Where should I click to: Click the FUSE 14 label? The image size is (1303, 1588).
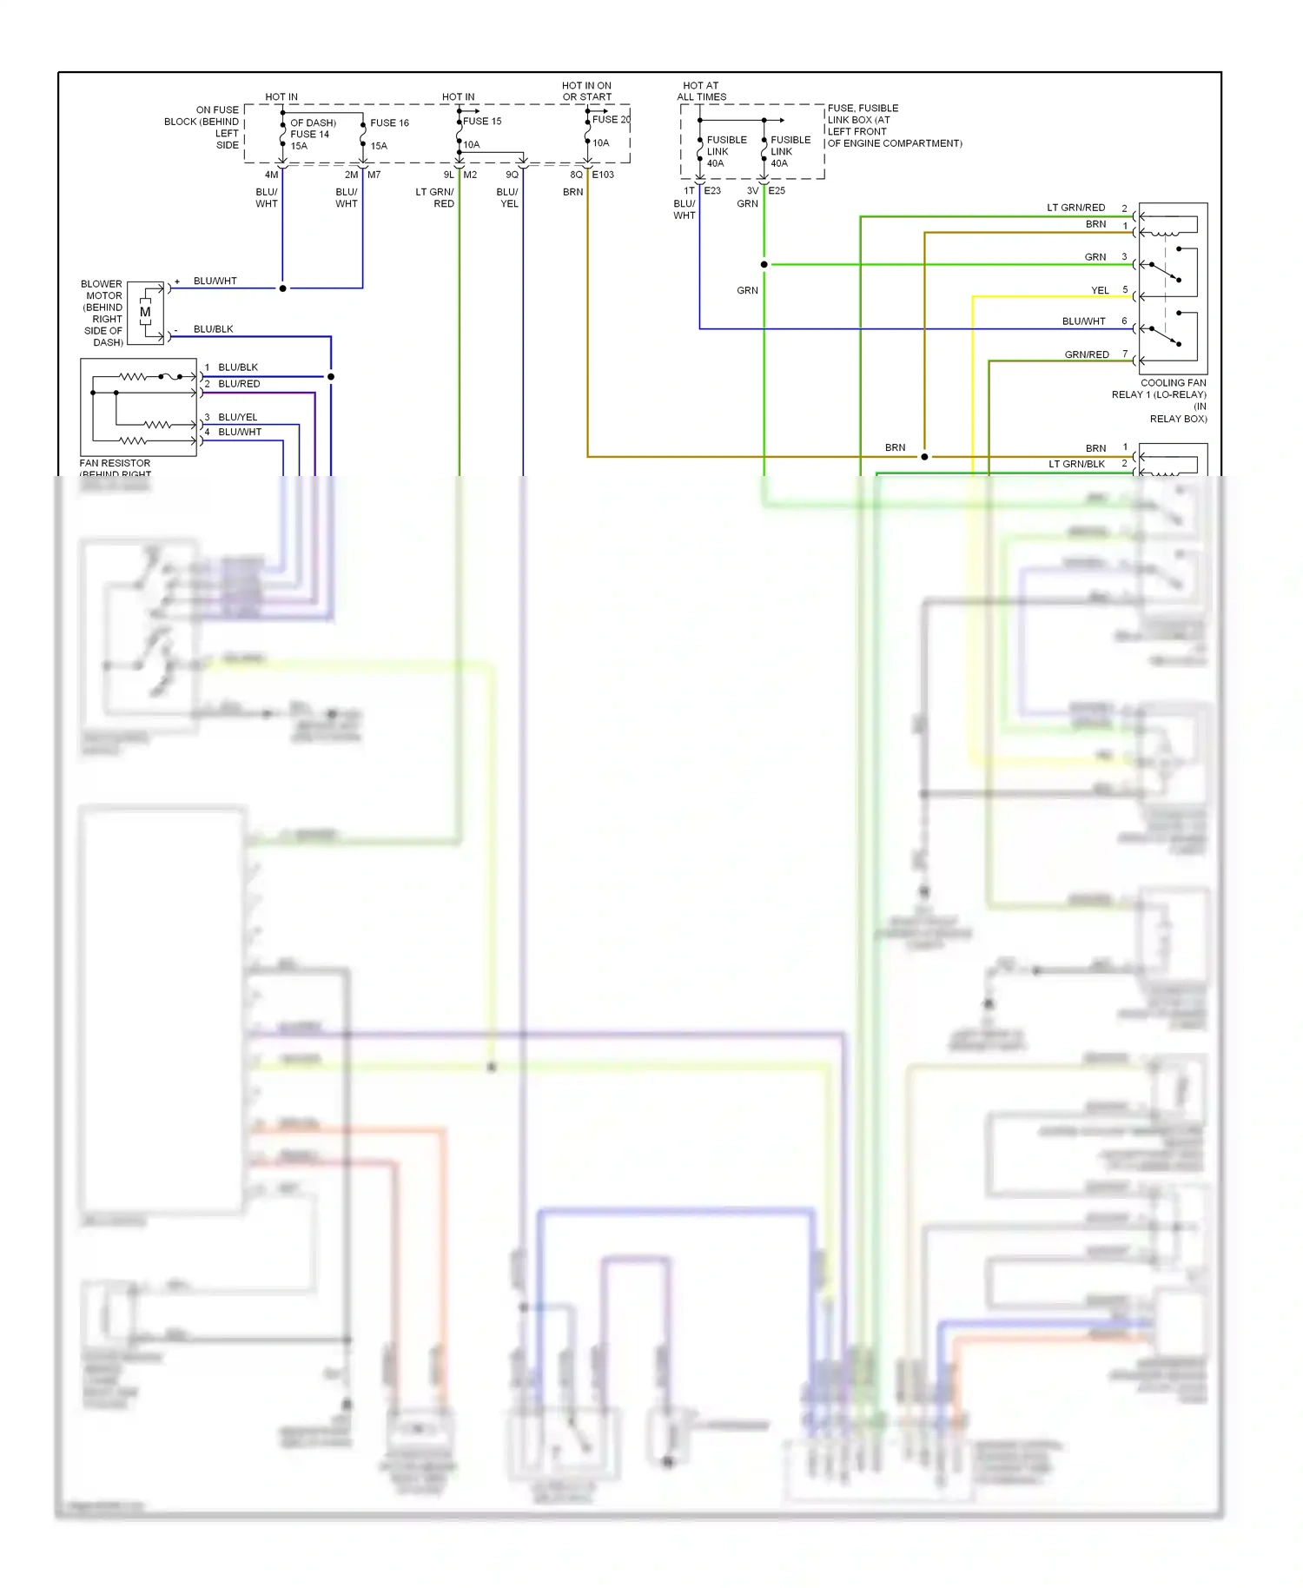coord(309,134)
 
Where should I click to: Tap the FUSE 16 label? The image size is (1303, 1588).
coord(389,122)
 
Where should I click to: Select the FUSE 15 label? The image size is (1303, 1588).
coord(482,121)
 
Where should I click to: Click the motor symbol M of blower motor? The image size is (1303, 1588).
coord(145,312)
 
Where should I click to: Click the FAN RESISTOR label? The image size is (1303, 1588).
coord(115,463)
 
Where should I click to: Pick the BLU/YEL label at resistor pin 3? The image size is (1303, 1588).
coord(237,417)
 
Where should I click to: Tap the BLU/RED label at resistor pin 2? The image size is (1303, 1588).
coord(239,383)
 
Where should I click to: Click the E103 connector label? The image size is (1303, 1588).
coord(603,175)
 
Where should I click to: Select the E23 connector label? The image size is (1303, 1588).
coord(712,190)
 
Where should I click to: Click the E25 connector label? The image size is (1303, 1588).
coord(777,190)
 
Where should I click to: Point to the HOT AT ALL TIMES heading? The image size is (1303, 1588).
coord(701,91)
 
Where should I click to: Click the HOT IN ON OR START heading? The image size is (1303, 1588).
coord(586,91)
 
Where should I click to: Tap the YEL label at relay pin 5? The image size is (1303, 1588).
coord(1100,290)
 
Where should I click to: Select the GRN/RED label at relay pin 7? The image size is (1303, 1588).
coord(1087,354)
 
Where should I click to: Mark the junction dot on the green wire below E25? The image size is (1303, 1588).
coord(764,264)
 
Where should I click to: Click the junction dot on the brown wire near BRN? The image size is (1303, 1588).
coord(924,456)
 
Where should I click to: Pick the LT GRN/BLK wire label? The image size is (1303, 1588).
coord(1076,464)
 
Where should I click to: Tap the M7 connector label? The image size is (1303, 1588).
coord(374,175)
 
